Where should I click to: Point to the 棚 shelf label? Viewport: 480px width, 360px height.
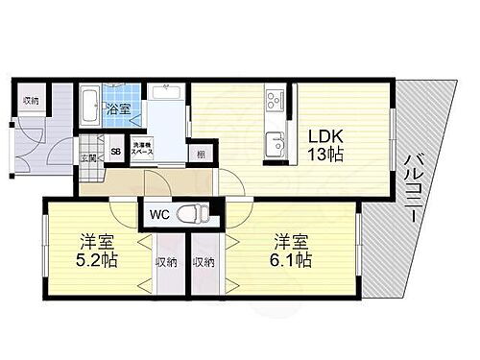[201, 152]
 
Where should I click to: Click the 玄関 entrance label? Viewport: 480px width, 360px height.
[85, 157]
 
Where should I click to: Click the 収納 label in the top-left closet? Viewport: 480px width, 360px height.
[32, 100]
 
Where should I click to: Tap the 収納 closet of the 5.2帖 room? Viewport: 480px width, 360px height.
[166, 262]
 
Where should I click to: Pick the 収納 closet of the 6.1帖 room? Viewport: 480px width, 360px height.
[203, 262]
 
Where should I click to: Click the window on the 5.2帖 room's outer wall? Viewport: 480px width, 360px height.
[45, 252]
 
